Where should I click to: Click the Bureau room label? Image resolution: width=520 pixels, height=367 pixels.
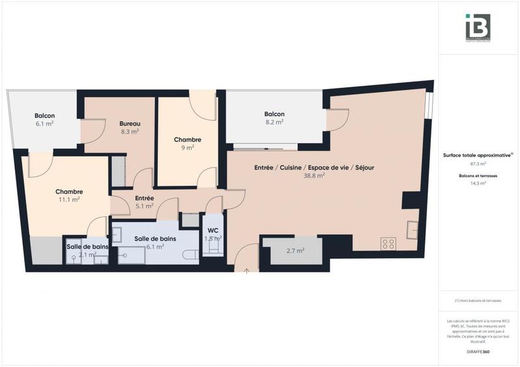(x=130, y=123)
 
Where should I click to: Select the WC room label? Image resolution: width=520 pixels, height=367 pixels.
(x=213, y=231)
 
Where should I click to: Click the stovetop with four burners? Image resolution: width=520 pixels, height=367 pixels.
(x=388, y=244)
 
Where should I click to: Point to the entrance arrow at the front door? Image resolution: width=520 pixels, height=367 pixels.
(x=246, y=270)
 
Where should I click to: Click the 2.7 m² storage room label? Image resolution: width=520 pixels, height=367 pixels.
(x=295, y=250)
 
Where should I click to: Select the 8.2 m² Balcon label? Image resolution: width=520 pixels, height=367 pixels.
(x=274, y=114)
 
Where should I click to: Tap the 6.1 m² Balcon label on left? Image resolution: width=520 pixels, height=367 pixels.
(x=44, y=116)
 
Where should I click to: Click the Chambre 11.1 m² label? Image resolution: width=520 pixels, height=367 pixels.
(x=68, y=192)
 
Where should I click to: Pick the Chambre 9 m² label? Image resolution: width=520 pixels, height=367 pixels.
(x=187, y=140)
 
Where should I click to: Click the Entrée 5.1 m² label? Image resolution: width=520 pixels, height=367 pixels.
(x=144, y=198)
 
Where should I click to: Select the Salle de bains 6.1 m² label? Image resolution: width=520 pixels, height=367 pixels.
(x=155, y=238)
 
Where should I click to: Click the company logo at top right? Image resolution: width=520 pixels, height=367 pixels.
(x=478, y=27)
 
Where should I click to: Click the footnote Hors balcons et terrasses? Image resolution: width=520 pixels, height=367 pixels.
(x=478, y=300)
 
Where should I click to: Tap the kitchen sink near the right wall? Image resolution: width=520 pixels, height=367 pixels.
(x=412, y=229)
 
